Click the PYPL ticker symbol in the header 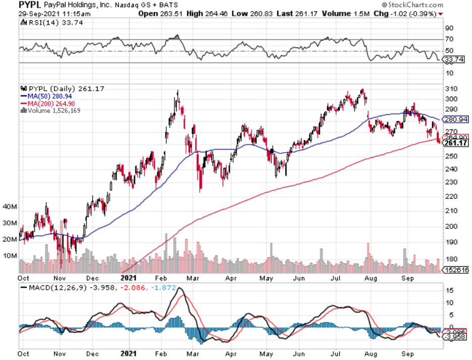[x=31, y=5]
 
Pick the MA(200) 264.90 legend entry [x=50, y=103]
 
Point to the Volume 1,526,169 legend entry [x=51, y=110]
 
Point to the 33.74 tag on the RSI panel [x=453, y=60]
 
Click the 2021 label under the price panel [x=130, y=277]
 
